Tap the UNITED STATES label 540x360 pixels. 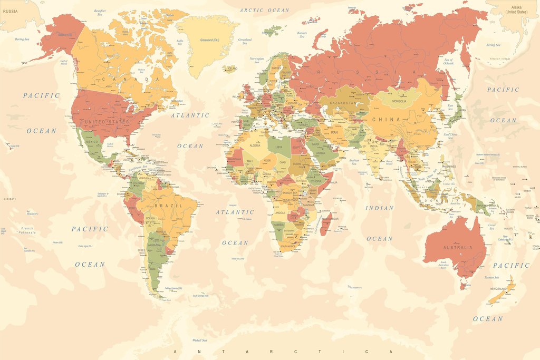[107, 122]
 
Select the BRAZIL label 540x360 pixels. [171, 205]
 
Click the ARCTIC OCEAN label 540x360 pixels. [264, 10]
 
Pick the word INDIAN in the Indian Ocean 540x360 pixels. [380, 208]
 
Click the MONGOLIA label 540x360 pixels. [399, 101]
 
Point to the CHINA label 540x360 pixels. [387, 120]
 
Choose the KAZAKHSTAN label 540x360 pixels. [343, 103]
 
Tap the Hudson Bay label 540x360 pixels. [141, 71]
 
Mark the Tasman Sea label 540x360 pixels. [491, 277]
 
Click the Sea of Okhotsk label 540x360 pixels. [449, 62]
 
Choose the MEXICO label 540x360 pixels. [92, 142]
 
